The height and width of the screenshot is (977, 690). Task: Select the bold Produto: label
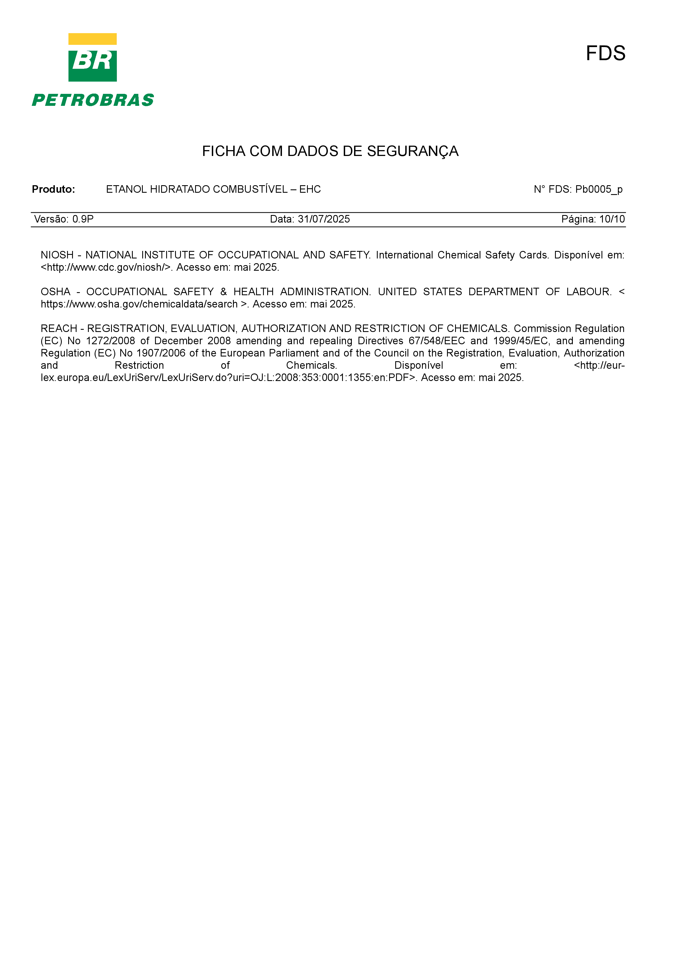point(53,189)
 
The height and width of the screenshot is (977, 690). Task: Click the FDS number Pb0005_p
point(599,189)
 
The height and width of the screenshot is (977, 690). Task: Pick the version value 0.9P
point(83,219)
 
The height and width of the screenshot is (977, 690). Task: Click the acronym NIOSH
point(57,255)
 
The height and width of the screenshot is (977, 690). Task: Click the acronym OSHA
point(55,292)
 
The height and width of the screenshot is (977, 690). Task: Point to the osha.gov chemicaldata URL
point(139,304)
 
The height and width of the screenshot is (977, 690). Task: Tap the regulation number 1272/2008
point(111,341)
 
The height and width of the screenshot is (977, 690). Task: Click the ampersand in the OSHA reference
point(224,292)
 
